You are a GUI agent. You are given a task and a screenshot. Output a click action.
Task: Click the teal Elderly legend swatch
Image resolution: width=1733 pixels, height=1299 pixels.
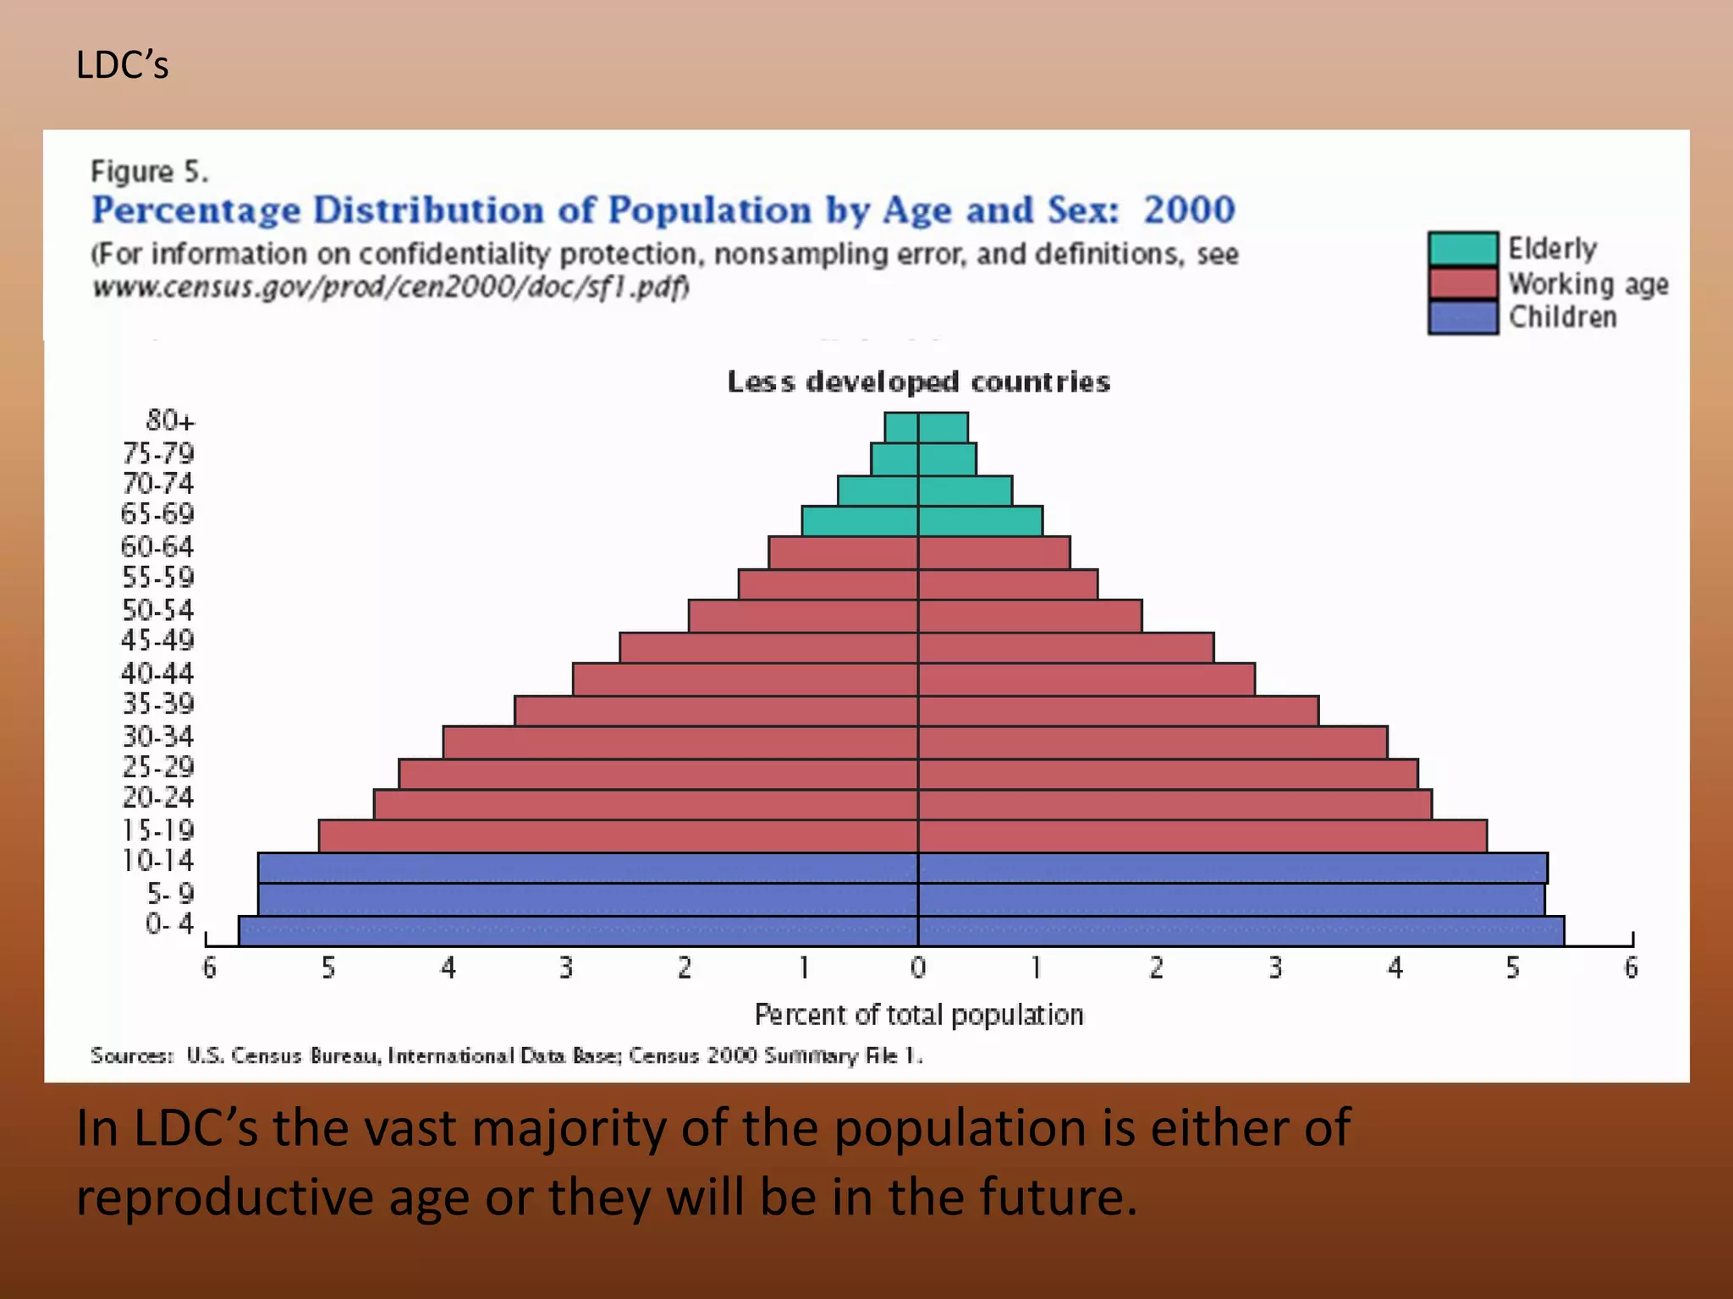point(1463,249)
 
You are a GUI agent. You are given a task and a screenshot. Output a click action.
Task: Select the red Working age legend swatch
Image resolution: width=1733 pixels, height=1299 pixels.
point(1463,283)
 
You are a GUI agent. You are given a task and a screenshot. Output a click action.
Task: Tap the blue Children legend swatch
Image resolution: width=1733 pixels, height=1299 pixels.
point(1463,317)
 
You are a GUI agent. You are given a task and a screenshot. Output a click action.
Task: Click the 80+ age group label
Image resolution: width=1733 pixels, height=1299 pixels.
point(170,420)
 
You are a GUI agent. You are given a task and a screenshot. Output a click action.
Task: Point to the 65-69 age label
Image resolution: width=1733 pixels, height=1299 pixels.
point(157,514)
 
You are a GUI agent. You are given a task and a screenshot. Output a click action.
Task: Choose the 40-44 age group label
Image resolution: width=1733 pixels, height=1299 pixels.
point(157,673)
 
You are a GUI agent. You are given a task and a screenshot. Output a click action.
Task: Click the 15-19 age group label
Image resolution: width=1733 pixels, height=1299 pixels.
point(157,830)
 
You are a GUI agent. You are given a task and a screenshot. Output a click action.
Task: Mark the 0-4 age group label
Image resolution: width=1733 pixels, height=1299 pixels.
point(169,924)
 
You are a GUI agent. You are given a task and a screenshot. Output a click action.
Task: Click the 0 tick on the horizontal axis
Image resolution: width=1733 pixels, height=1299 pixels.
point(918,967)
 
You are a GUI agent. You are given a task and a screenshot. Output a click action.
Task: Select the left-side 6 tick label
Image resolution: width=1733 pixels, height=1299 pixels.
point(209,967)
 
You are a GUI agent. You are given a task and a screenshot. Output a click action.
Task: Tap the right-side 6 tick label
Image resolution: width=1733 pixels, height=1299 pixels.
point(1631,967)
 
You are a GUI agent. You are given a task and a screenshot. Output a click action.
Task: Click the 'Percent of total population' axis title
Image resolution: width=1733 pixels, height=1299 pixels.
point(919,1014)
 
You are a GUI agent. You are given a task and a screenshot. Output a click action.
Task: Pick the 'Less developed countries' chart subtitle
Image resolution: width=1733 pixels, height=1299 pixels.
point(919,382)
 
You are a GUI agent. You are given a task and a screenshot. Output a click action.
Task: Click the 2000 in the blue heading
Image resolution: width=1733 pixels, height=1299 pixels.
point(1190,210)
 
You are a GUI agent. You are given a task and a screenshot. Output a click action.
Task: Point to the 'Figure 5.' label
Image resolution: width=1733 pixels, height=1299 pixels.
point(149,172)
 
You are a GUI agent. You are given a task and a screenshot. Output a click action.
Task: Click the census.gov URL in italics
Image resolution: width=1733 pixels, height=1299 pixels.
point(391,288)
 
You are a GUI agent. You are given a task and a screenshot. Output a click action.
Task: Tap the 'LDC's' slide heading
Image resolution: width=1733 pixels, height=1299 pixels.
point(123,65)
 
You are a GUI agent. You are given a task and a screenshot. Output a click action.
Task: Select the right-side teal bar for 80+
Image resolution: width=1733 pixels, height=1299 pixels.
point(943,428)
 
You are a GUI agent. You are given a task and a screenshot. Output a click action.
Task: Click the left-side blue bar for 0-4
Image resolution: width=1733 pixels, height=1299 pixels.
point(578,931)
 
